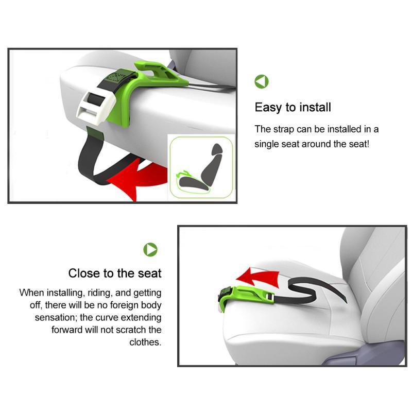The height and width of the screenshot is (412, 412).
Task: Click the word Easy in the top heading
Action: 268,108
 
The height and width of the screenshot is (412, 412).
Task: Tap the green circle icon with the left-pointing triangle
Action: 262,81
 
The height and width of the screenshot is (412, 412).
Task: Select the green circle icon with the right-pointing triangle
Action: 150,250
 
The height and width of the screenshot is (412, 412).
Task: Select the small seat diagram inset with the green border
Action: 201,167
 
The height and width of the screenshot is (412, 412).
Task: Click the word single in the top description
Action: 268,144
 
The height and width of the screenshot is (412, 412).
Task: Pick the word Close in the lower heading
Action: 83,273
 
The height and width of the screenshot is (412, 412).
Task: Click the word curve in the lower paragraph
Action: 101,317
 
